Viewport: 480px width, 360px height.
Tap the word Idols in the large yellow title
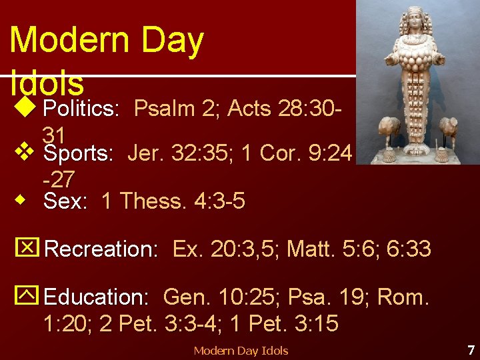47,83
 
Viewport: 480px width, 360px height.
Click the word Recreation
101,249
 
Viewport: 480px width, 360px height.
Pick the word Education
96,296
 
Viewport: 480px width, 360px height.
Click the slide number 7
471,349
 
